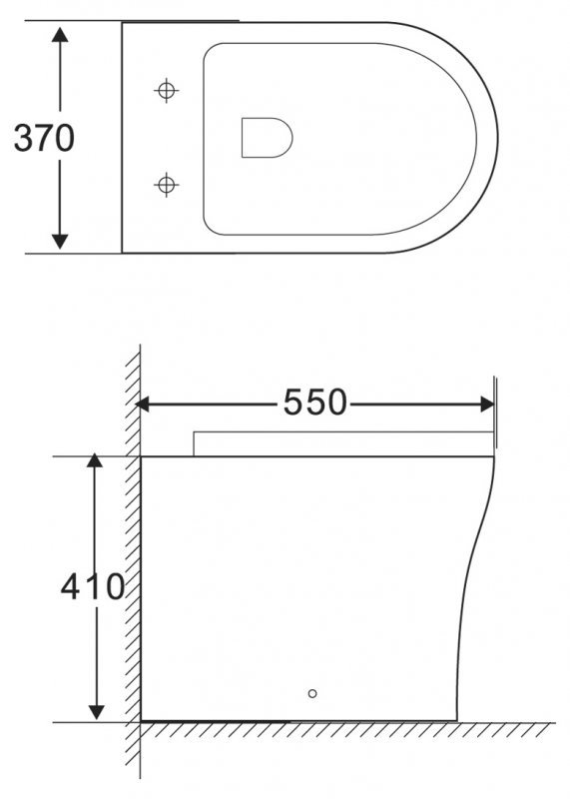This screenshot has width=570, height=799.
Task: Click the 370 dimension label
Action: tap(44, 138)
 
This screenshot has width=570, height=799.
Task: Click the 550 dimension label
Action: tap(315, 402)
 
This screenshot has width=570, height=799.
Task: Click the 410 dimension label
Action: tap(93, 586)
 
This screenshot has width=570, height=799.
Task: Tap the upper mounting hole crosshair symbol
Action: tap(166, 91)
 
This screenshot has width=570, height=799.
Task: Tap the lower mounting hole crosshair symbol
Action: tap(166, 184)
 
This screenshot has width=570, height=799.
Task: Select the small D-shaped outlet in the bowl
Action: tap(267, 138)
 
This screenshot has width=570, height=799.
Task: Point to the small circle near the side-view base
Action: tap(312, 693)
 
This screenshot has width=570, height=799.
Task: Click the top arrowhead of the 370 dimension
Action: tap(60, 35)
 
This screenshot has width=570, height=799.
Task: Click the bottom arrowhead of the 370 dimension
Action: tap(60, 241)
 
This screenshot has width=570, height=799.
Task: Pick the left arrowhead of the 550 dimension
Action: tap(143, 404)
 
